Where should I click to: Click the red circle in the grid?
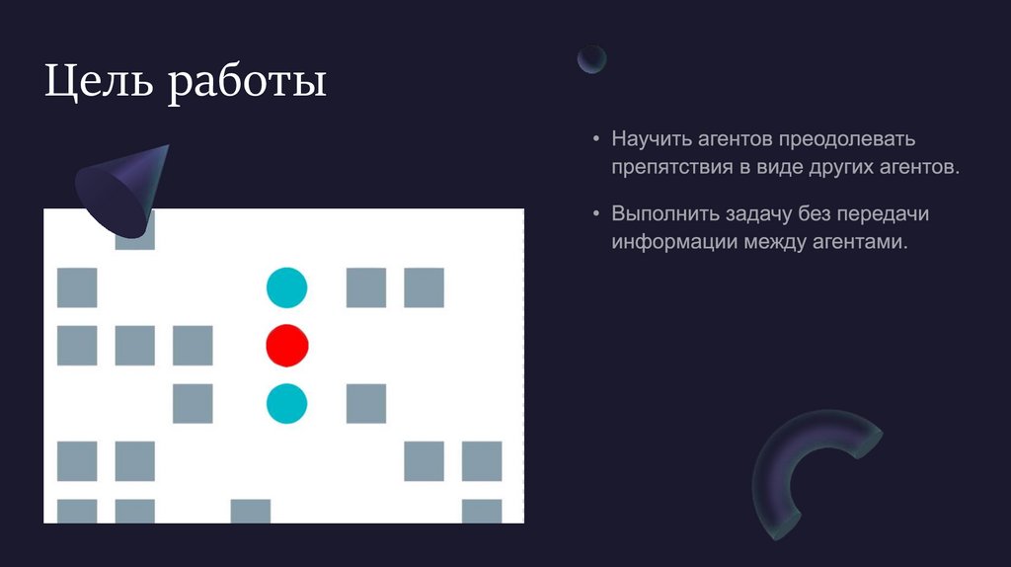pyautogui.click(x=287, y=346)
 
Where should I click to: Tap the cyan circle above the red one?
pyautogui.click(x=287, y=287)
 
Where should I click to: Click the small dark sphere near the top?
pyautogui.click(x=591, y=59)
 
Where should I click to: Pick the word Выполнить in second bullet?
pyautogui.click(x=661, y=213)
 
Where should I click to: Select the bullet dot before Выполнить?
pyautogui.click(x=596, y=213)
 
